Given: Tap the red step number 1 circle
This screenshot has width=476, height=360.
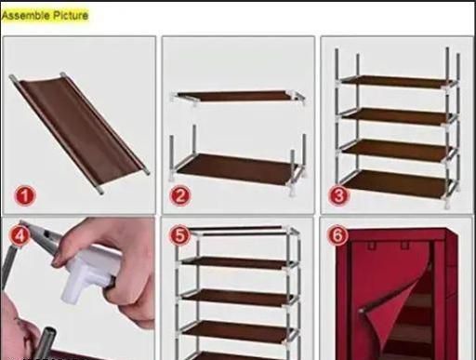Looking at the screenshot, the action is (25, 196).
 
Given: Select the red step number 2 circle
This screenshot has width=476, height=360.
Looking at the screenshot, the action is (180, 195).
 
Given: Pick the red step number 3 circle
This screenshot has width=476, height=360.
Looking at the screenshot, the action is (338, 195).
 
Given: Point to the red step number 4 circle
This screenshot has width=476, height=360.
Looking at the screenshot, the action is (20, 235).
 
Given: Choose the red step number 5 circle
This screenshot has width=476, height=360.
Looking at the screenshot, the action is (179, 235).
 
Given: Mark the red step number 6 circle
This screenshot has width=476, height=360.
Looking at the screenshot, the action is (338, 234).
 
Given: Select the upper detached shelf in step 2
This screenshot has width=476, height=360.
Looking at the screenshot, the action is (237, 96).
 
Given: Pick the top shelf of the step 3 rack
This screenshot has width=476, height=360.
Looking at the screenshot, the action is (397, 82).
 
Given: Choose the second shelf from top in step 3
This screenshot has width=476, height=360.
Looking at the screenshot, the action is (397, 116).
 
